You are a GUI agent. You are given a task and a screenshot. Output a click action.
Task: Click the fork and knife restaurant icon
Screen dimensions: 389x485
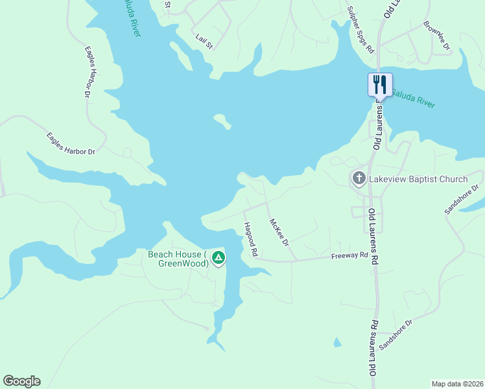click(380, 84)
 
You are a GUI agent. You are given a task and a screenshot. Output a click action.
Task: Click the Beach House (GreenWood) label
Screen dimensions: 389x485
click(178, 259)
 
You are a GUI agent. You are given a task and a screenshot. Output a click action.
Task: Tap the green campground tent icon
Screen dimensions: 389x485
click(219, 259)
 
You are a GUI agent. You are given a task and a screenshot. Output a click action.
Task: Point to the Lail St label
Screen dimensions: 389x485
click(204, 42)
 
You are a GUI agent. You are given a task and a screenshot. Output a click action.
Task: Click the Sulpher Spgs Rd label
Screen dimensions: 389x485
click(361, 30)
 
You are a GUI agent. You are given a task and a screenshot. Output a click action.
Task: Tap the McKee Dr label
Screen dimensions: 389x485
click(278, 231)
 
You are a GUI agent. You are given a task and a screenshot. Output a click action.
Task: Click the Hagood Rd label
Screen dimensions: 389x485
click(250, 239)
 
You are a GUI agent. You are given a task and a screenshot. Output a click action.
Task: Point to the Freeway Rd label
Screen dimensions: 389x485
click(349, 255)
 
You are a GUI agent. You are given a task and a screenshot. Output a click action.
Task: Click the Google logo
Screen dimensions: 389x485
click(21, 381)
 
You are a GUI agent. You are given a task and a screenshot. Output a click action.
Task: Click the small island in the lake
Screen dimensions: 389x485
click(222, 121)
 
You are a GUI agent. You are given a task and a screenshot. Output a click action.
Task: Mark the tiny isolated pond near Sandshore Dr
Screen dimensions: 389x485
click(336, 342)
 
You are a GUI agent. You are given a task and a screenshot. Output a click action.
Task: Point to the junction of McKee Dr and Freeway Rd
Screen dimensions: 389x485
click(296, 260)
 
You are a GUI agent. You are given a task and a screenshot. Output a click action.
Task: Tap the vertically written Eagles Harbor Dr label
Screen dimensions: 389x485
click(88, 71)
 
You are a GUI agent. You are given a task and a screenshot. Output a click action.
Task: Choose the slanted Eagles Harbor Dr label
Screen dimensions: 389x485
click(71, 143)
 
